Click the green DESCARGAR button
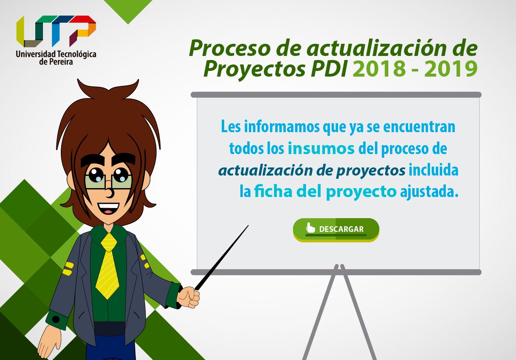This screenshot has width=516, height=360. click(336, 229)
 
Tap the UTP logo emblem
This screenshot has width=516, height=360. click(56, 31)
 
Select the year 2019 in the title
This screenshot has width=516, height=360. click(451, 69)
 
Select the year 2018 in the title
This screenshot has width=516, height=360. click(379, 69)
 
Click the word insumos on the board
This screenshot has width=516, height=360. click(321, 148)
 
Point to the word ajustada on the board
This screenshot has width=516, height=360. click(429, 193)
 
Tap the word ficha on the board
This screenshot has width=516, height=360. click(273, 191)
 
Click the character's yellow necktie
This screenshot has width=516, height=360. click(107, 266)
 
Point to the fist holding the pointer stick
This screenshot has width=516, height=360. click(188, 297)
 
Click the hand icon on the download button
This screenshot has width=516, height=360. click(310, 227)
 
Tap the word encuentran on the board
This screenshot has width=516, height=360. click(419, 127)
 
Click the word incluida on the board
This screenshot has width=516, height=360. click(433, 170)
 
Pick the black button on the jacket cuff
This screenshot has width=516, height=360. click(56, 319)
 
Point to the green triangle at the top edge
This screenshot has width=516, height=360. click(128, 9)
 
